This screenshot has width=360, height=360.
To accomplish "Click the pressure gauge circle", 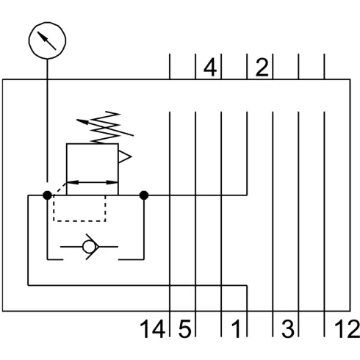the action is tap(47, 24).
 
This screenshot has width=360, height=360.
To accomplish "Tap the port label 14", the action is tap(152, 329).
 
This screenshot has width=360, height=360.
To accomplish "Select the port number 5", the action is tap(184, 329).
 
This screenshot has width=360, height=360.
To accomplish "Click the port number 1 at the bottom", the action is tap(237, 329).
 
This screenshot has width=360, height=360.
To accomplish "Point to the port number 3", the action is tap(288, 329).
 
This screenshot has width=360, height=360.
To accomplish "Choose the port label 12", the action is tap(347, 329).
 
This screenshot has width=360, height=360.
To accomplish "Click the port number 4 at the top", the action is tap(210, 67).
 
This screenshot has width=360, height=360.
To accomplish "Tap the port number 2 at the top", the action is tap(262, 67).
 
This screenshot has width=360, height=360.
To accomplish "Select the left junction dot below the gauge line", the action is tap(47, 195).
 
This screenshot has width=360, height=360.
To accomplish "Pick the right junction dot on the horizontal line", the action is tap(144, 195).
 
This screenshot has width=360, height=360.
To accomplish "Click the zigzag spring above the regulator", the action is tap(106, 127).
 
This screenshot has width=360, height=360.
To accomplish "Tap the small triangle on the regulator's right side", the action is tap(125, 156).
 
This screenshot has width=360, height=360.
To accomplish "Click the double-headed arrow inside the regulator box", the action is tap(93, 182).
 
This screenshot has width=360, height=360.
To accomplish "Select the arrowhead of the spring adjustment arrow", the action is tap(82, 121).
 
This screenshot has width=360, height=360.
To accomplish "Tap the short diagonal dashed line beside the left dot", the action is tap(60, 189).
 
